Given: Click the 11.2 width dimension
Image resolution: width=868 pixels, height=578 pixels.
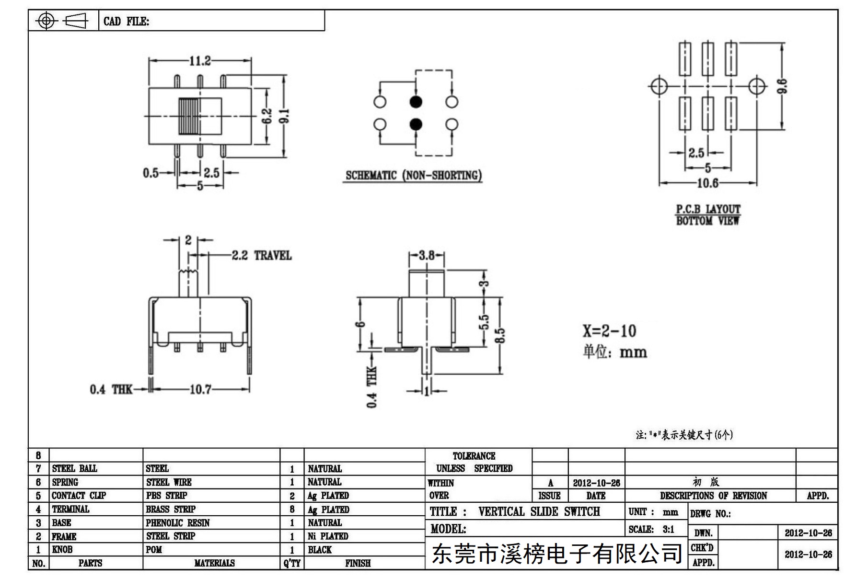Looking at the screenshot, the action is (200, 61).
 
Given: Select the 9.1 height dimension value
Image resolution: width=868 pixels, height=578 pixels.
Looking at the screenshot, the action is (285, 116).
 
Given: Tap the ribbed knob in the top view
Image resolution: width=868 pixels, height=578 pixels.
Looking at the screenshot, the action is (189, 116).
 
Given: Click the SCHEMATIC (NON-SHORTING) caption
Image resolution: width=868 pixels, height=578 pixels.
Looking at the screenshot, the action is (414, 175).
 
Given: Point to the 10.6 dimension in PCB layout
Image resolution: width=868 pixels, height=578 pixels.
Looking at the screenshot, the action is (707, 183).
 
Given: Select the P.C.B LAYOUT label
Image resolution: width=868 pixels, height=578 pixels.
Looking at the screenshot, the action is (708, 209).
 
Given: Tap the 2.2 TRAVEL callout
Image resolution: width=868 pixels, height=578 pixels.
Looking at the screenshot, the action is (262, 255).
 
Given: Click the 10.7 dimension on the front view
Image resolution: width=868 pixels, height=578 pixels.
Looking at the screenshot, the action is (200, 389).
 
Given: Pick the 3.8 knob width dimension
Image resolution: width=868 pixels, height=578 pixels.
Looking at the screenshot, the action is (427, 255).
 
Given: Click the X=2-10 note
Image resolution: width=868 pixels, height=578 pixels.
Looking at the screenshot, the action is (609, 331).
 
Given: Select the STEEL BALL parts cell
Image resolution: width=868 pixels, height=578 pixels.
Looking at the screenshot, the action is (74, 468).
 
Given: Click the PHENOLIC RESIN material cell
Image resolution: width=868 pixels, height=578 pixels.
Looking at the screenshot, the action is (178, 523).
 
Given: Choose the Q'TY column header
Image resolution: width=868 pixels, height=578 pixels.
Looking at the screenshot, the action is (292, 563).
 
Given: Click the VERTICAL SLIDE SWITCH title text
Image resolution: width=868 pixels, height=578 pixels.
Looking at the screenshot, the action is (539, 511).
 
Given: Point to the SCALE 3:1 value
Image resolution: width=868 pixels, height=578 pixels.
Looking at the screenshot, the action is (668, 529).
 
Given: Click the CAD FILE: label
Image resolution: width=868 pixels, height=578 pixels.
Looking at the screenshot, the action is (127, 22).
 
